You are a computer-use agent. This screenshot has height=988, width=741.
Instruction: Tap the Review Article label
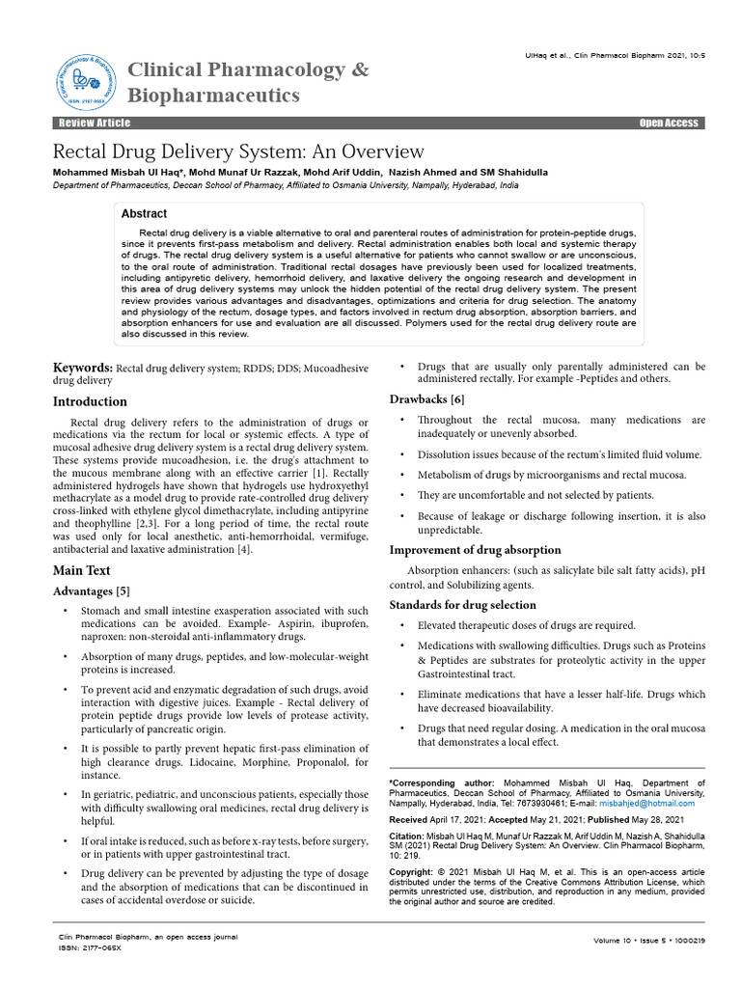94,123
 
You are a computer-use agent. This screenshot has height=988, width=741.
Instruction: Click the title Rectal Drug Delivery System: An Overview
237,151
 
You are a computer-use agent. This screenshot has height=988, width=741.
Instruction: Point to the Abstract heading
144,213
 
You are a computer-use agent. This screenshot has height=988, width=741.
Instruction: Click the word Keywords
83,368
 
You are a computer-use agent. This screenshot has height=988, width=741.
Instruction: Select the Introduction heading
89,401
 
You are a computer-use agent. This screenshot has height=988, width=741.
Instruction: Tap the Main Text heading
81,570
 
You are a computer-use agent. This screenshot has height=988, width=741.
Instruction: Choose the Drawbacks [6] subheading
426,399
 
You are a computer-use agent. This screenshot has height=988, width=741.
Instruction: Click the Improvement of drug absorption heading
474,550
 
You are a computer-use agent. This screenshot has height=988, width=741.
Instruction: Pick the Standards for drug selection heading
462,605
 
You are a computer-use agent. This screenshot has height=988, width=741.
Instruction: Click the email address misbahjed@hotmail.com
644,802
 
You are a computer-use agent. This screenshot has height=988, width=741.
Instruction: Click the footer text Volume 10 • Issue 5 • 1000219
650,940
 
